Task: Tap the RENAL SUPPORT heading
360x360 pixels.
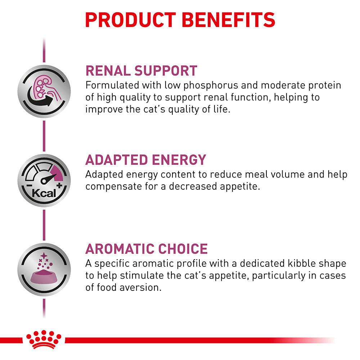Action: pyautogui.click(x=141, y=70)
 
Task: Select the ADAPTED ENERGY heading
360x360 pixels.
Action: pyautogui.click(x=146, y=159)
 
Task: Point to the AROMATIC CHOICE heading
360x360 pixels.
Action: pyautogui.click(x=147, y=249)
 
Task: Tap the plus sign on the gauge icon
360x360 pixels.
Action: pyautogui.click(x=59, y=185)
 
